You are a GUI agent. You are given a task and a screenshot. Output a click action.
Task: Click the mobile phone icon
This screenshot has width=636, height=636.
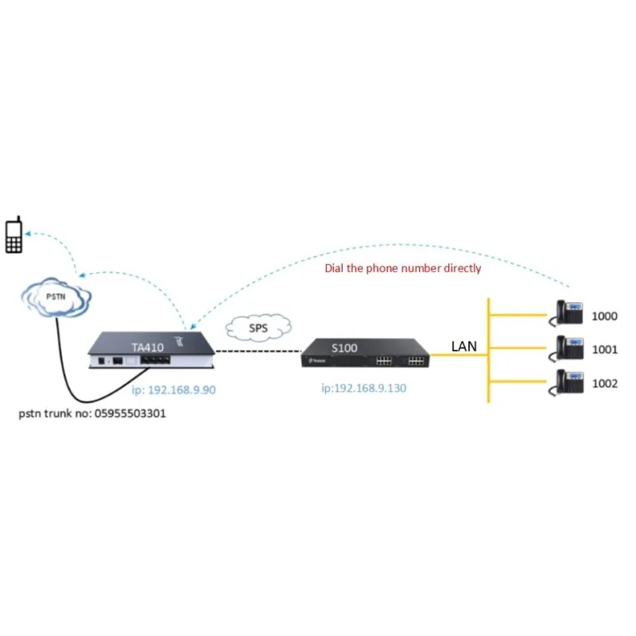click(13, 235)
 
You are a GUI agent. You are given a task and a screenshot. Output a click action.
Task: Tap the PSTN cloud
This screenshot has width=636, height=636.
click(56, 298)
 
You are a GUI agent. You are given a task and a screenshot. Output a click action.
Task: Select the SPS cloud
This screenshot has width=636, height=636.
click(258, 327)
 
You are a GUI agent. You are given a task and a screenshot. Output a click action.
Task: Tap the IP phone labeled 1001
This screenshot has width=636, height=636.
click(569, 347)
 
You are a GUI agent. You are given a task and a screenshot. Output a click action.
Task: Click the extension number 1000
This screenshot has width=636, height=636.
click(604, 316)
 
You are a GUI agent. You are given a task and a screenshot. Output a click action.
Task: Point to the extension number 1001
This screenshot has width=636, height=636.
click(604, 350)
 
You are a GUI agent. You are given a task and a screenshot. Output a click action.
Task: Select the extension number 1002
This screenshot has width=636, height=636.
click(604, 384)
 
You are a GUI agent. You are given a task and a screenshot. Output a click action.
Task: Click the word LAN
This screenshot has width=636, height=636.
click(464, 347)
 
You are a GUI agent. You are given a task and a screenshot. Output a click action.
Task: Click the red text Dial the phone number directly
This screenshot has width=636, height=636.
click(403, 269)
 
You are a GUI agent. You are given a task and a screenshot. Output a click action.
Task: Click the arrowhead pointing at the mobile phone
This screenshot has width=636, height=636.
click(29, 234)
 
